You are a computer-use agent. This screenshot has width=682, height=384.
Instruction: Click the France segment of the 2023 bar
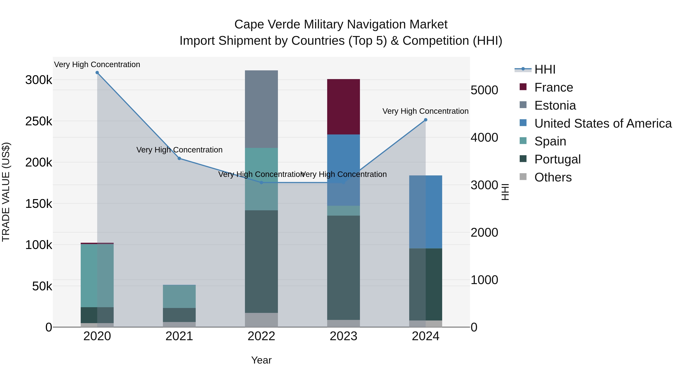tap(343, 107)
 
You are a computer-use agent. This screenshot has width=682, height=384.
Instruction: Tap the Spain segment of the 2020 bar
tap(97, 275)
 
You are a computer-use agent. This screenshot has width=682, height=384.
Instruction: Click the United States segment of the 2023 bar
tap(343, 170)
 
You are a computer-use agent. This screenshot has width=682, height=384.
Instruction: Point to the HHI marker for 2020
tap(97, 73)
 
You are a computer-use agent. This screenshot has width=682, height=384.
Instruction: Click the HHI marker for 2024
tap(425, 120)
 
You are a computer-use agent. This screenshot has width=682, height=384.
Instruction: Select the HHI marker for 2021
tap(179, 159)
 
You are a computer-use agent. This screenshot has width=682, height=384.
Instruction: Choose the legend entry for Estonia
tap(555, 105)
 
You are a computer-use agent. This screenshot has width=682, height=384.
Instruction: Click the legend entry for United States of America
tap(603, 123)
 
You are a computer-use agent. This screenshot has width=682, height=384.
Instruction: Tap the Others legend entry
tap(553, 177)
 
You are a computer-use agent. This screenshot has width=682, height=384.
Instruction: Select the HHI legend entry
tap(545, 69)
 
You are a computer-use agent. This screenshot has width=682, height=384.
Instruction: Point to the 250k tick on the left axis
tap(39, 121)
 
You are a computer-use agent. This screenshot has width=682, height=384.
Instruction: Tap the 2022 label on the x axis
tap(261, 336)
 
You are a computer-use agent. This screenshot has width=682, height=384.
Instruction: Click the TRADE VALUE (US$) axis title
tap(6, 192)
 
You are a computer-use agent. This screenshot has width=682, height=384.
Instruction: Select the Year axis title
tap(261, 360)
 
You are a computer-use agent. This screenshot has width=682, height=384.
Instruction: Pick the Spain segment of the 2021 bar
tap(179, 296)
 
